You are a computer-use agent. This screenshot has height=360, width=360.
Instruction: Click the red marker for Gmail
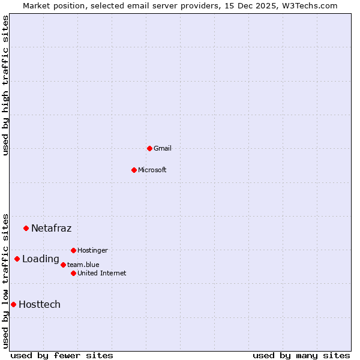(149, 148)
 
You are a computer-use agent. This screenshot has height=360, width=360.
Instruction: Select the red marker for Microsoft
(134, 170)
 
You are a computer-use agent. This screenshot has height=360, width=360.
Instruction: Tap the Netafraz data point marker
(26, 228)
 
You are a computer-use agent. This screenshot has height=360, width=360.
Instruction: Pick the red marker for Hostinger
(73, 250)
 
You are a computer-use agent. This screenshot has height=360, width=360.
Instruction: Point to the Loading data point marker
(17, 259)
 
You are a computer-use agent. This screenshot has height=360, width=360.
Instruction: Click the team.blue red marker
(63, 265)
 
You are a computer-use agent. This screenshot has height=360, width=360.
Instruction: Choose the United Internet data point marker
(73, 273)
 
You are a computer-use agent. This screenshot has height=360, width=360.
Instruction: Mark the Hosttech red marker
(13, 304)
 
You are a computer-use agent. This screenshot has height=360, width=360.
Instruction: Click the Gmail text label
(163, 148)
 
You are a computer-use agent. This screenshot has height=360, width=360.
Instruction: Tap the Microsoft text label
(152, 170)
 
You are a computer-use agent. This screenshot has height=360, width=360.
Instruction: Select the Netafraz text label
(51, 228)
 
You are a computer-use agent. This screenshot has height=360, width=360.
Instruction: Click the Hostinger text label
(92, 250)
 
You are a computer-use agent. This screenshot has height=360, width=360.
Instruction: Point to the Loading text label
(41, 259)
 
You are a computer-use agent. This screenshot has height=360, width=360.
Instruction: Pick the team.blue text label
(83, 265)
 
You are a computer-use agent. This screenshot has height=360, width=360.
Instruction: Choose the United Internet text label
(102, 273)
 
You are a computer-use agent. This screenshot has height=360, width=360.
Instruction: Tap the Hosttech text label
(40, 304)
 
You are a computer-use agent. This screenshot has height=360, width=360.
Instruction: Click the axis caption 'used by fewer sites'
(62, 355)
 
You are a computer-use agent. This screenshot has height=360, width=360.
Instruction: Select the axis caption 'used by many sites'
(301, 355)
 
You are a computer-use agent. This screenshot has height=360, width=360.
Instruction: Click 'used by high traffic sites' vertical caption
(6, 85)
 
